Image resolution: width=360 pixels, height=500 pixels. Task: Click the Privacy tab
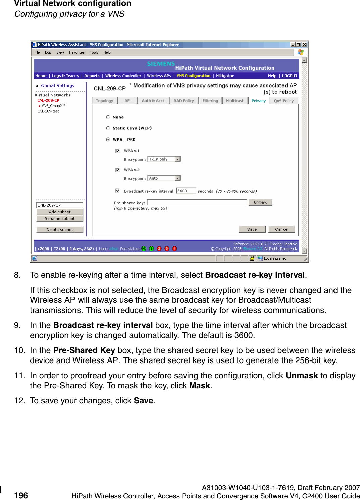[x=258, y=101]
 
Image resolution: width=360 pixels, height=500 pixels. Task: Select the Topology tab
[x=104, y=101]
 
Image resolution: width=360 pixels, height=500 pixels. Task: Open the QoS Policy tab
[x=284, y=101]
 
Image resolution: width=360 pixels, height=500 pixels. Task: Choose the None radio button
[x=108, y=117]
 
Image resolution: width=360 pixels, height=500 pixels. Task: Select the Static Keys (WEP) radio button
[x=108, y=128]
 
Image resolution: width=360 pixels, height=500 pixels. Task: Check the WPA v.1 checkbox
[x=117, y=151]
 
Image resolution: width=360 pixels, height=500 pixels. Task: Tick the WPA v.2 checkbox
[x=117, y=170]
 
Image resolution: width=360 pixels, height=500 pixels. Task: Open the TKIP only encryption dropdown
[x=164, y=159]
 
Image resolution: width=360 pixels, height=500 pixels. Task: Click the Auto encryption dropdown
[x=164, y=178]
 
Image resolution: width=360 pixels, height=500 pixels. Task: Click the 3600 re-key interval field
[x=186, y=191]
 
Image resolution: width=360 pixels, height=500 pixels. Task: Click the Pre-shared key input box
[x=197, y=202]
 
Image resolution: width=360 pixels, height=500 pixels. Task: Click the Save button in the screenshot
[x=252, y=229]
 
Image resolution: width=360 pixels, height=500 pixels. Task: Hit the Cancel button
[x=281, y=229]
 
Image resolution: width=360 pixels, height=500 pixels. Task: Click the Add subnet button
[x=60, y=212]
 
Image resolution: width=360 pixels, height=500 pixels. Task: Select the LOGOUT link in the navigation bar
[x=290, y=76]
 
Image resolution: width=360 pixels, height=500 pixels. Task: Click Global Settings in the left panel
[x=57, y=86]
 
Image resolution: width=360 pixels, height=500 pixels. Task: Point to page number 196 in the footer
[x=21, y=495]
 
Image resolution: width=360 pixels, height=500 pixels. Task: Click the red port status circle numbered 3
[x=167, y=248]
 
